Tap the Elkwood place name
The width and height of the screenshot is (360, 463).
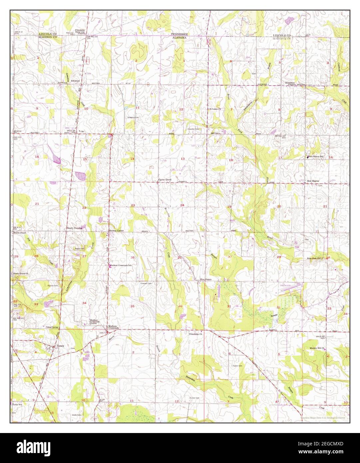pos(75,81)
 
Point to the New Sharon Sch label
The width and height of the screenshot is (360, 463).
pos(316,157)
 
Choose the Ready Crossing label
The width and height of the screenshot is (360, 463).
pos(74,228)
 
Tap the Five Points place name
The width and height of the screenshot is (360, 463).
pos(205,279)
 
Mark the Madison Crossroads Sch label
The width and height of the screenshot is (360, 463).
pos(122,265)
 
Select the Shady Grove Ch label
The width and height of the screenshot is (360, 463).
pos(21,274)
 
